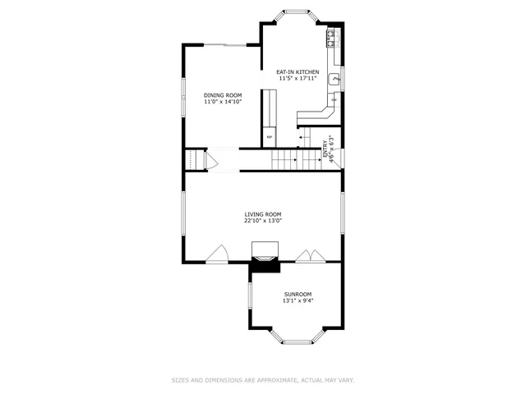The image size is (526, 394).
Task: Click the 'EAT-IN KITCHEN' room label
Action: pyautogui.click(x=298, y=72)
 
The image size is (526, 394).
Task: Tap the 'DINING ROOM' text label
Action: pyautogui.click(x=223, y=95)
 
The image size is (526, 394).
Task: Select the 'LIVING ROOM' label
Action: pyautogui.click(x=262, y=214)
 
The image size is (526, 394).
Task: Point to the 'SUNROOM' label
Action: pyautogui.click(x=298, y=294)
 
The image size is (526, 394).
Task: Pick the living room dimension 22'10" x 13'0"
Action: pyautogui.click(x=262, y=221)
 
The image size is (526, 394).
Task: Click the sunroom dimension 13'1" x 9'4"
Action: pyautogui.click(x=298, y=300)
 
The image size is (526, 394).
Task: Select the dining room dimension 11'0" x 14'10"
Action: pyautogui.click(x=223, y=102)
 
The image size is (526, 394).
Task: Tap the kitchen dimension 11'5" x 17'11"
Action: pyautogui.click(x=298, y=79)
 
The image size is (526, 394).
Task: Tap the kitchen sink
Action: pyautogui.click(x=335, y=80)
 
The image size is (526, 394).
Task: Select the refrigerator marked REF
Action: pyautogui.click(x=269, y=137)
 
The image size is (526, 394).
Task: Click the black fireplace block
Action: pyautogui.click(x=265, y=264)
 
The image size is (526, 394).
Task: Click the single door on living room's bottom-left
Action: pyautogui.click(x=217, y=254)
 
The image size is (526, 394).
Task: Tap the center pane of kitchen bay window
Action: pyautogui.click(x=298, y=12)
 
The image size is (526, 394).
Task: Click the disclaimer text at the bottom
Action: pyautogui.click(x=262, y=380)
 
